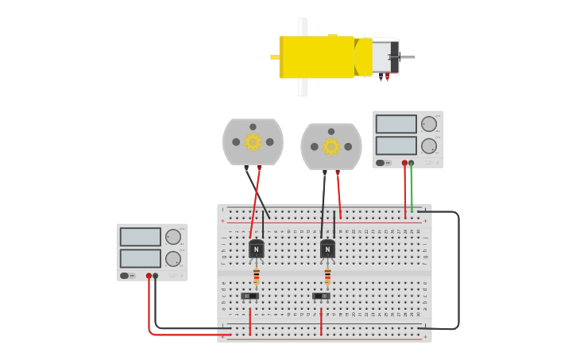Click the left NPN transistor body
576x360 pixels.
pos(257,249)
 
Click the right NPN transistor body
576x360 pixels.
pos(327,249)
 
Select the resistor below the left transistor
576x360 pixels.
pos(257,276)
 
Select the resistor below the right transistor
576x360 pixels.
pos(327,276)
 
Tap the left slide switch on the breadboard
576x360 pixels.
pos(249,296)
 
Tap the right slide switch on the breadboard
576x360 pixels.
pos(321,296)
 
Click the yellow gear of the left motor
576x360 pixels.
pos(253,141)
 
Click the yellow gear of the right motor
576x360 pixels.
pos(331,146)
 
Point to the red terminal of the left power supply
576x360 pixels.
pos(149,276)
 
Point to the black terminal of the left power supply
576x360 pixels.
pos(156,276)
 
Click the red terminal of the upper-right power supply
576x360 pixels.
pos(404,163)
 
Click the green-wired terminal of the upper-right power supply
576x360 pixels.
pos(411,163)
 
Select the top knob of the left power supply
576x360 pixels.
pos(172,236)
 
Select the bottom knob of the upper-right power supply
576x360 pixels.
pos(428,145)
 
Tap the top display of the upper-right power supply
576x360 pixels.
pos(396,124)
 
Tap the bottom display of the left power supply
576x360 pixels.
pos(140,258)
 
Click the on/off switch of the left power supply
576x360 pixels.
pos(125,276)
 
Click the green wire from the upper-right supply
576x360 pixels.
pos(412,191)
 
